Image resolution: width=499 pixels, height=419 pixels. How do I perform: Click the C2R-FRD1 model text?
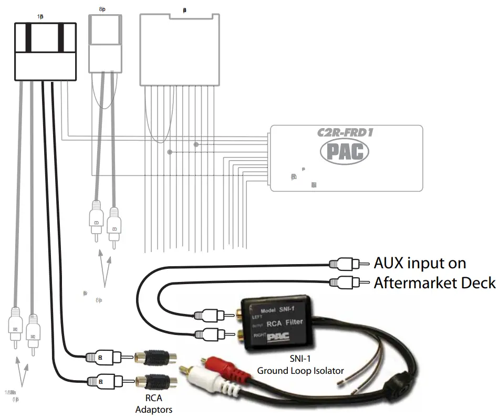coord(345,132)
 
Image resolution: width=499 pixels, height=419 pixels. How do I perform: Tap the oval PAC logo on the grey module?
coord(345,151)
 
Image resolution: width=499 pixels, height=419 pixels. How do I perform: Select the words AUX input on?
coord(419,263)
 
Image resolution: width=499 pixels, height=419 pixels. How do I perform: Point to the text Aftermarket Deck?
coord(434,283)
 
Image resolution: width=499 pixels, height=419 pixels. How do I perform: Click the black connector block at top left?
coord(45,51)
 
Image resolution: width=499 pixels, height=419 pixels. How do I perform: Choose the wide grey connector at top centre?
coord(182,49)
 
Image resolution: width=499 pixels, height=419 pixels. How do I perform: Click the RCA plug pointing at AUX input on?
coord(345,263)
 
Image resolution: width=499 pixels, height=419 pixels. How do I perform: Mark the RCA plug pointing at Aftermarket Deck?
coord(345,282)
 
